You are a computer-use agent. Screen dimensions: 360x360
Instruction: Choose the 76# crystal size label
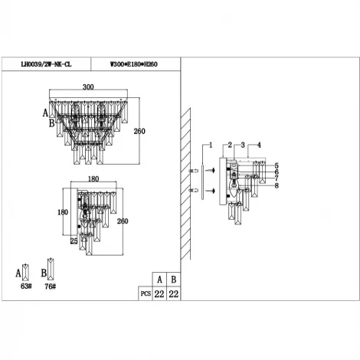pyautogui.click(x=50, y=286)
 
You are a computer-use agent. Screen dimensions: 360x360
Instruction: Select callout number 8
pyautogui.click(x=276, y=185)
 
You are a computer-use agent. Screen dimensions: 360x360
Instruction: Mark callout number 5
pyautogui.click(x=276, y=165)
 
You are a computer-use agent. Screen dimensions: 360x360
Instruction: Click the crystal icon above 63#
pyautogui.click(x=27, y=271)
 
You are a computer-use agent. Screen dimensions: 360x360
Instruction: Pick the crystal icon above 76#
pyautogui.click(x=50, y=271)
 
